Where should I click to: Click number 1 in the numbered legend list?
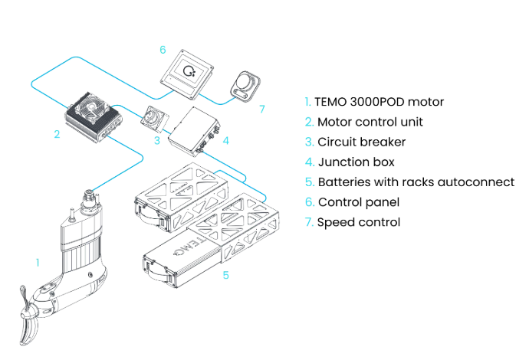(x=307, y=101)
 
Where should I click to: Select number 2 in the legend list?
(x=308, y=122)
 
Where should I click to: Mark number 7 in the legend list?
(x=308, y=222)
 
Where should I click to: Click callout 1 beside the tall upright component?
(x=37, y=263)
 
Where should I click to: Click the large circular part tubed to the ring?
(x=189, y=72)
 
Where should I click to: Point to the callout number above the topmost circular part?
(x=163, y=49)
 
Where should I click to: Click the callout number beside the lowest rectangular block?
(x=226, y=273)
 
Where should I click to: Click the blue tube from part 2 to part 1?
(x=123, y=165)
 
